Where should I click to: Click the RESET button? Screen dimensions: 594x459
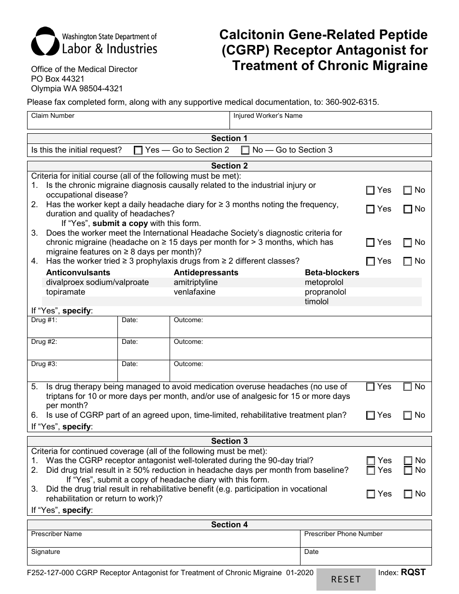point(345,579)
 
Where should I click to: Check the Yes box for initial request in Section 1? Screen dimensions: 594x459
point(138,150)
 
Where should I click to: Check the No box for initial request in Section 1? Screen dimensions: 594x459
point(245,150)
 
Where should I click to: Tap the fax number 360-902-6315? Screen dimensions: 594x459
point(349,102)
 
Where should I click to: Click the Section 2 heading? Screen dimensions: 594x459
point(229,166)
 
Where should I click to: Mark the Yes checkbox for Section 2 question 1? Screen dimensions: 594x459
point(371,190)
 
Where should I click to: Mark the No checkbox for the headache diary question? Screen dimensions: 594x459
point(407,209)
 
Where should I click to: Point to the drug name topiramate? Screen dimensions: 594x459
point(66,292)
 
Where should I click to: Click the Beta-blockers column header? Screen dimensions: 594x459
point(332,272)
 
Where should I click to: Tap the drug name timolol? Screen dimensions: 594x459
point(316,301)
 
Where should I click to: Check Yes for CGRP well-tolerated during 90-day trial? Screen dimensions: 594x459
point(371,461)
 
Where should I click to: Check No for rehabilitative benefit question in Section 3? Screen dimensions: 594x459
point(407,494)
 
